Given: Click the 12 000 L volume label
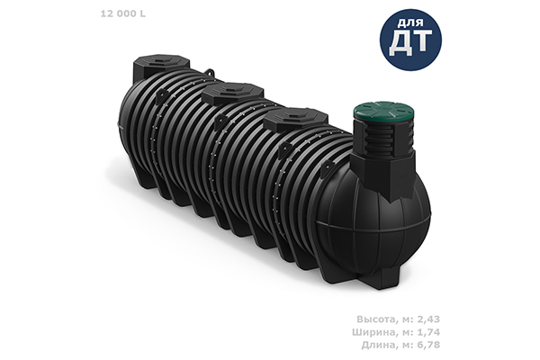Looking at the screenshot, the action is coord(123,13).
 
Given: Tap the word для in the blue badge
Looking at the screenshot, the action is coord(410,23).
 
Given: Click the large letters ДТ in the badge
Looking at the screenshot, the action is coord(410,42).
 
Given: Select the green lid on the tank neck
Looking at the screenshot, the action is coord(384,112).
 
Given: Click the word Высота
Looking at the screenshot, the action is coord(376,319).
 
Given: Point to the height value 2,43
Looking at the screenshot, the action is coord(428,319).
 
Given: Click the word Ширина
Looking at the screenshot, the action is coord(373,332).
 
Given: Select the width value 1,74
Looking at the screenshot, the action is coord(428,332).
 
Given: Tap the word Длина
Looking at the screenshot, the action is coord(378,345).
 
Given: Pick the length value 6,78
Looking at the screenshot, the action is coord(428,345).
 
